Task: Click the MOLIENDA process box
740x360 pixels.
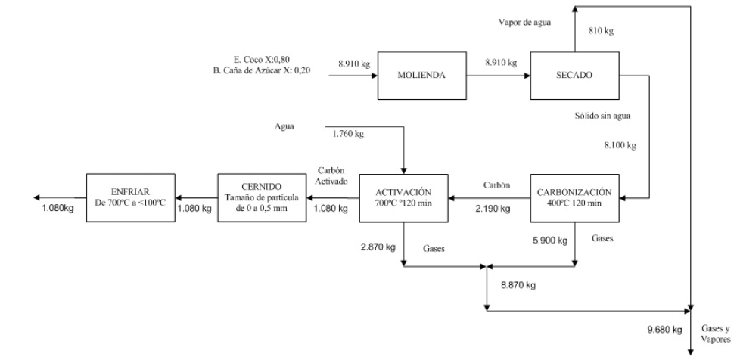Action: (421, 76)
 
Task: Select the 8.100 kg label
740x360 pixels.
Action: (622, 145)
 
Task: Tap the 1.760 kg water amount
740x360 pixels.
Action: (348, 135)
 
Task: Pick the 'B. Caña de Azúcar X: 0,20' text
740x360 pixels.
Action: (263, 71)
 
